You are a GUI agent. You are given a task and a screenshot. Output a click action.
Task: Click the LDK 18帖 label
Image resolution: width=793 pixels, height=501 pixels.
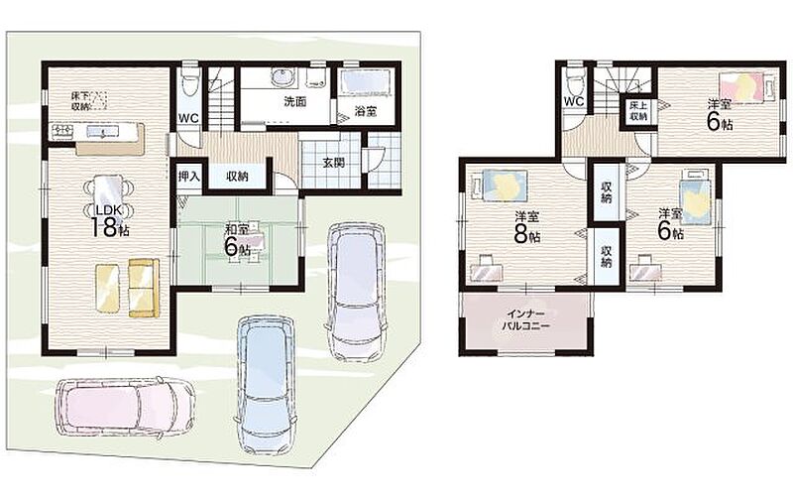click(x=110, y=220)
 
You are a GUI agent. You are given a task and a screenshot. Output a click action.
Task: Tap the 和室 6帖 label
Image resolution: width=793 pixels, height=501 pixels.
click(x=237, y=240)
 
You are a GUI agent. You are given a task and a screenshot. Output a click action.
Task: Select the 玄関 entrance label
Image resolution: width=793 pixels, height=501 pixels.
click(x=333, y=163)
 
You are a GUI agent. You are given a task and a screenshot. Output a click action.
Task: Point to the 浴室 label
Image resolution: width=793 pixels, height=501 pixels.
click(x=365, y=111)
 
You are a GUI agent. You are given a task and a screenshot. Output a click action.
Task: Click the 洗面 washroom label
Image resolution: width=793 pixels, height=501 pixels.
click(x=294, y=101)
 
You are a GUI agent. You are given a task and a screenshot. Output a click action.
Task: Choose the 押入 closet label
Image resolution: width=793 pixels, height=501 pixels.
click(x=189, y=177)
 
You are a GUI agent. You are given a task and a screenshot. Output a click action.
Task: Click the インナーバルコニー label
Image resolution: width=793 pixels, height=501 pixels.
click(x=525, y=320)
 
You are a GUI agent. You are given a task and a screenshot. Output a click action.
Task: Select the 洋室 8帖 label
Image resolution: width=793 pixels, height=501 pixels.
click(x=527, y=227)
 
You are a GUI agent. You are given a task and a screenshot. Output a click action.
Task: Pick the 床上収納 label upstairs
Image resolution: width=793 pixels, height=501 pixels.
click(x=638, y=111)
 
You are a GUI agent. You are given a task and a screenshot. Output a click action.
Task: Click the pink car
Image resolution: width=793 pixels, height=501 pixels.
click(x=125, y=408)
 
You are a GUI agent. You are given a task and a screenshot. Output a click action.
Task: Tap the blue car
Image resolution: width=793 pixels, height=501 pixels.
click(x=264, y=385)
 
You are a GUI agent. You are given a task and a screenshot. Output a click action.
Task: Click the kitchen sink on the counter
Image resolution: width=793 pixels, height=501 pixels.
click(x=103, y=132)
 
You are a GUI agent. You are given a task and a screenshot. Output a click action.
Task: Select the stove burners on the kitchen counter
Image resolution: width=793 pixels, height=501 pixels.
click(x=62, y=133)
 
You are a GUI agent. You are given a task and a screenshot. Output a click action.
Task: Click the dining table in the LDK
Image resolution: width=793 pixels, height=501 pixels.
click(x=109, y=193)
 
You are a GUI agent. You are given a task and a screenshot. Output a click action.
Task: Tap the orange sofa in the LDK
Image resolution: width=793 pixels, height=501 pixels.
click(x=144, y=288)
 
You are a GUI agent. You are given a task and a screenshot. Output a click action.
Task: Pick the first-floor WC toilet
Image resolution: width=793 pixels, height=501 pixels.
click(x=189, y=82)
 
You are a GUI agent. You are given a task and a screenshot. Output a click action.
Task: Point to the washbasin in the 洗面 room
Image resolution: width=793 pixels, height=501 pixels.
click(x=281, y=77)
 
